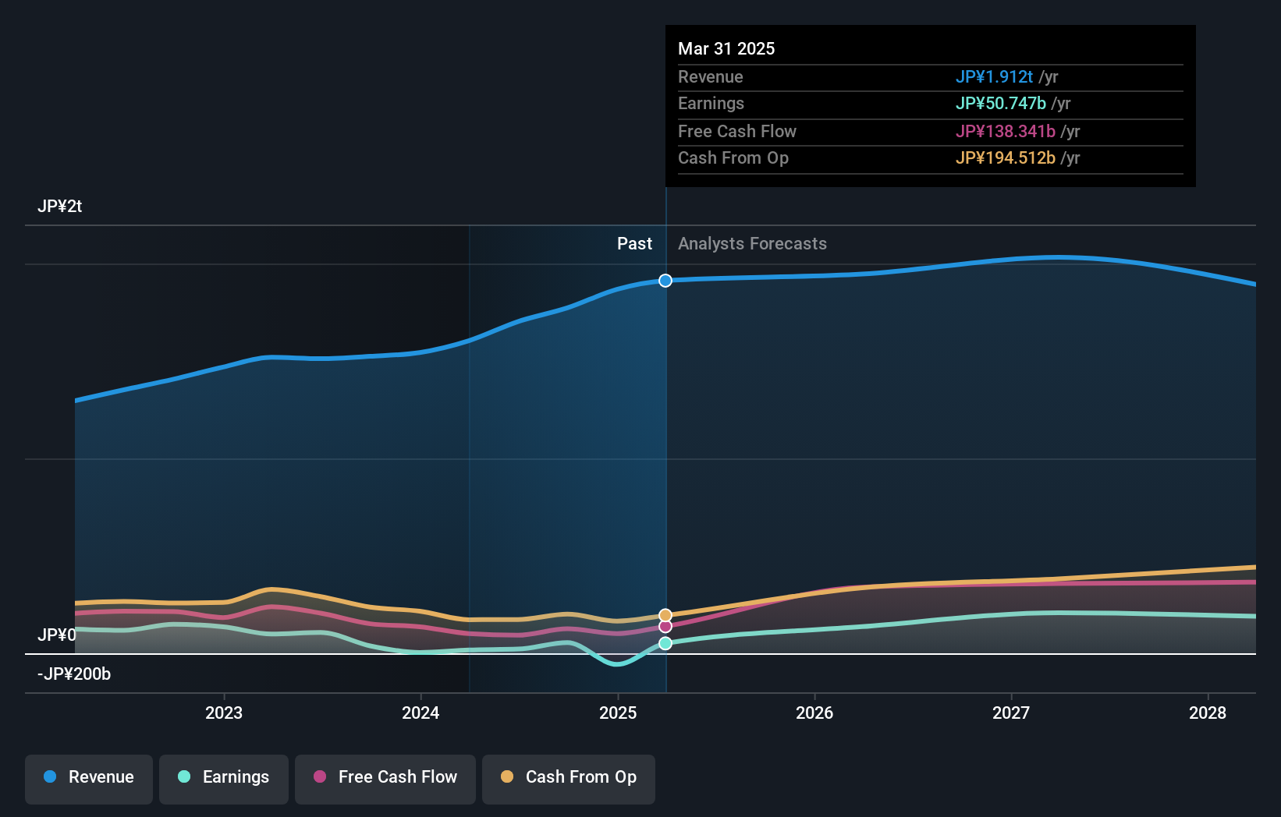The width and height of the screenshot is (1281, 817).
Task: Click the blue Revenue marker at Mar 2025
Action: [665, 281]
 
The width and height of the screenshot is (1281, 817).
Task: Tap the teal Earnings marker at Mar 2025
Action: [665, 643]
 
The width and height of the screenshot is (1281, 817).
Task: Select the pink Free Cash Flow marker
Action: [665, 627]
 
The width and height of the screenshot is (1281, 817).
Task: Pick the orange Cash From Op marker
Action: [665, 615]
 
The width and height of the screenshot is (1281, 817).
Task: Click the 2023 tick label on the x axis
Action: [224, 713]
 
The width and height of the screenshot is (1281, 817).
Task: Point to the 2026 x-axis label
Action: [814, 713]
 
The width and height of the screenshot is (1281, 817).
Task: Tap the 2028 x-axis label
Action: [1208, 713]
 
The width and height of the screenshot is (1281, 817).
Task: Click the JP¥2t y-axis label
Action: [60, 207]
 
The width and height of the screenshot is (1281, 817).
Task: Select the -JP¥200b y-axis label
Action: [74, 674]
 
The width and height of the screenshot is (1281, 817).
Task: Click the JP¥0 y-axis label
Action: [57, 635]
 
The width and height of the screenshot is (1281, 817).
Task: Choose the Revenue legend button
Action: [89, 777]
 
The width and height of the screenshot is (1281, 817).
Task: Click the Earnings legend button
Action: [224, 777]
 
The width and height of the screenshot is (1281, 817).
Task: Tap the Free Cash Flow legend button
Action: [385, 777]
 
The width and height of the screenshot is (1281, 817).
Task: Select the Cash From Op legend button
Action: [569, 777]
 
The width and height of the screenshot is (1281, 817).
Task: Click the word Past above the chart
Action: [634, 244]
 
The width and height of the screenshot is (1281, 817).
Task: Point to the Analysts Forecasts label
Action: [752, 244]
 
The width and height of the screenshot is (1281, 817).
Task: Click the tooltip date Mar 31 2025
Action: [726, 49]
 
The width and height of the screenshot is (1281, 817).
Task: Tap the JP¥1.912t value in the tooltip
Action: [994, 77]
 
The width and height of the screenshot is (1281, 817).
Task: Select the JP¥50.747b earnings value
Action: [1001, 104]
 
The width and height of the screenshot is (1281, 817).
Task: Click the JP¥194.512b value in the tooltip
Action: [1006, 158]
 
